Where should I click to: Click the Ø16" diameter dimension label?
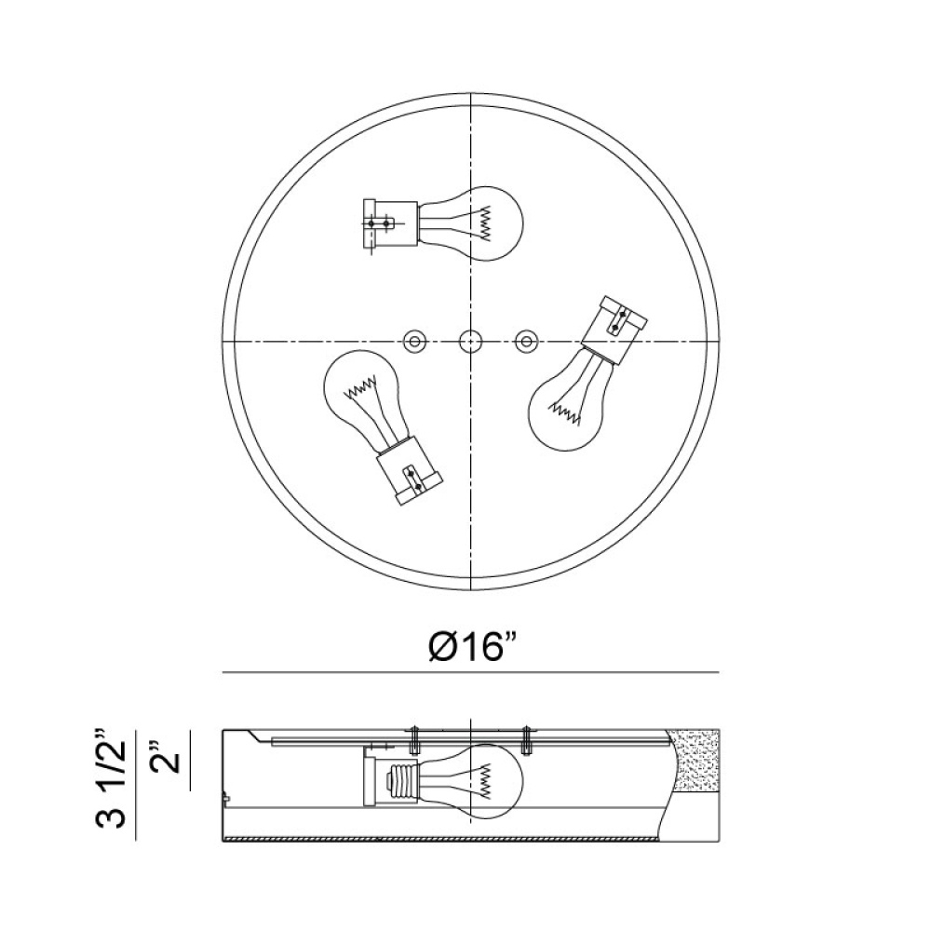pos(471,647)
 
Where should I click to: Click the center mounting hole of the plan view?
pos(471,342)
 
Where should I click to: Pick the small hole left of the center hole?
pos(414,342)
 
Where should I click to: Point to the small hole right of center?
pos(525,342)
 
